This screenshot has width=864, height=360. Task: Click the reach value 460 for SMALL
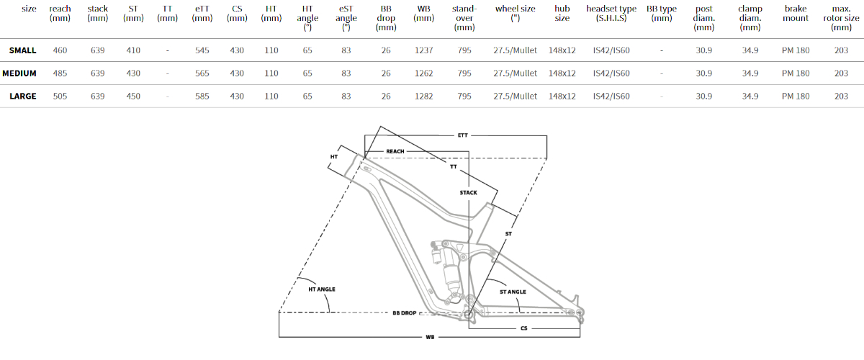pos(60,50)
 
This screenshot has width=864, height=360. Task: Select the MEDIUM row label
pos(19,73)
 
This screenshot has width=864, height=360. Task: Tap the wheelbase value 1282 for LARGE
pos(423,96)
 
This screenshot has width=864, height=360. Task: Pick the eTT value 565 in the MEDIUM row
pos(202,73)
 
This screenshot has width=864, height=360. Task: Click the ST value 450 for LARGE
pos(133,96)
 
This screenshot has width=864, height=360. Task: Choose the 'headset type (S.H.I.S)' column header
pos(611,13)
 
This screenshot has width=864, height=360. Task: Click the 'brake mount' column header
pos(796,13)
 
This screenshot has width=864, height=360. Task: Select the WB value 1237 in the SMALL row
pos(423,50)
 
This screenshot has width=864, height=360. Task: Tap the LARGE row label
pos(23,96)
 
